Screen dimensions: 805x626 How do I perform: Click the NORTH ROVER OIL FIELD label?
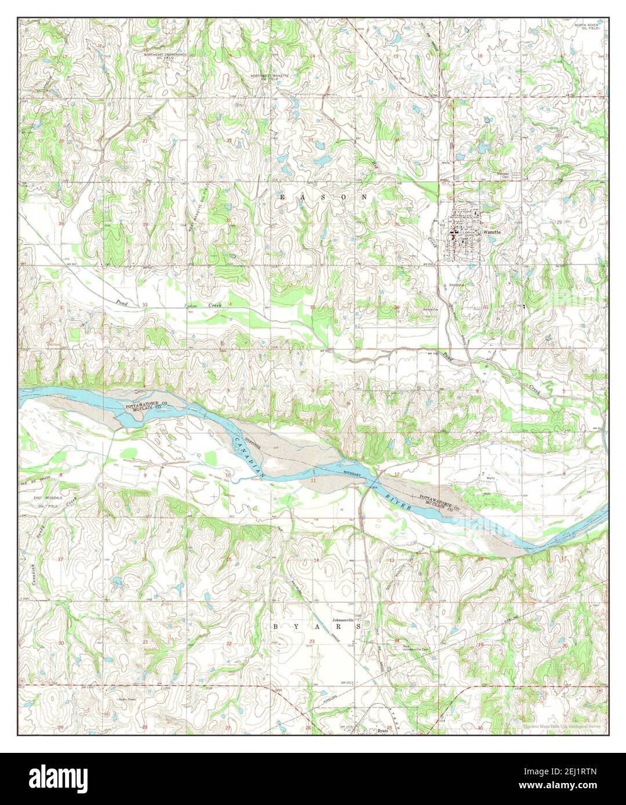pos(588,27)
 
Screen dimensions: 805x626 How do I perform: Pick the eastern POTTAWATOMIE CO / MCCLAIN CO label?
pos(442,502)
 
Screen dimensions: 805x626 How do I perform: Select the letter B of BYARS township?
pos(276,627)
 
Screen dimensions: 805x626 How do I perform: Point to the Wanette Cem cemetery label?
pos(500,174)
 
